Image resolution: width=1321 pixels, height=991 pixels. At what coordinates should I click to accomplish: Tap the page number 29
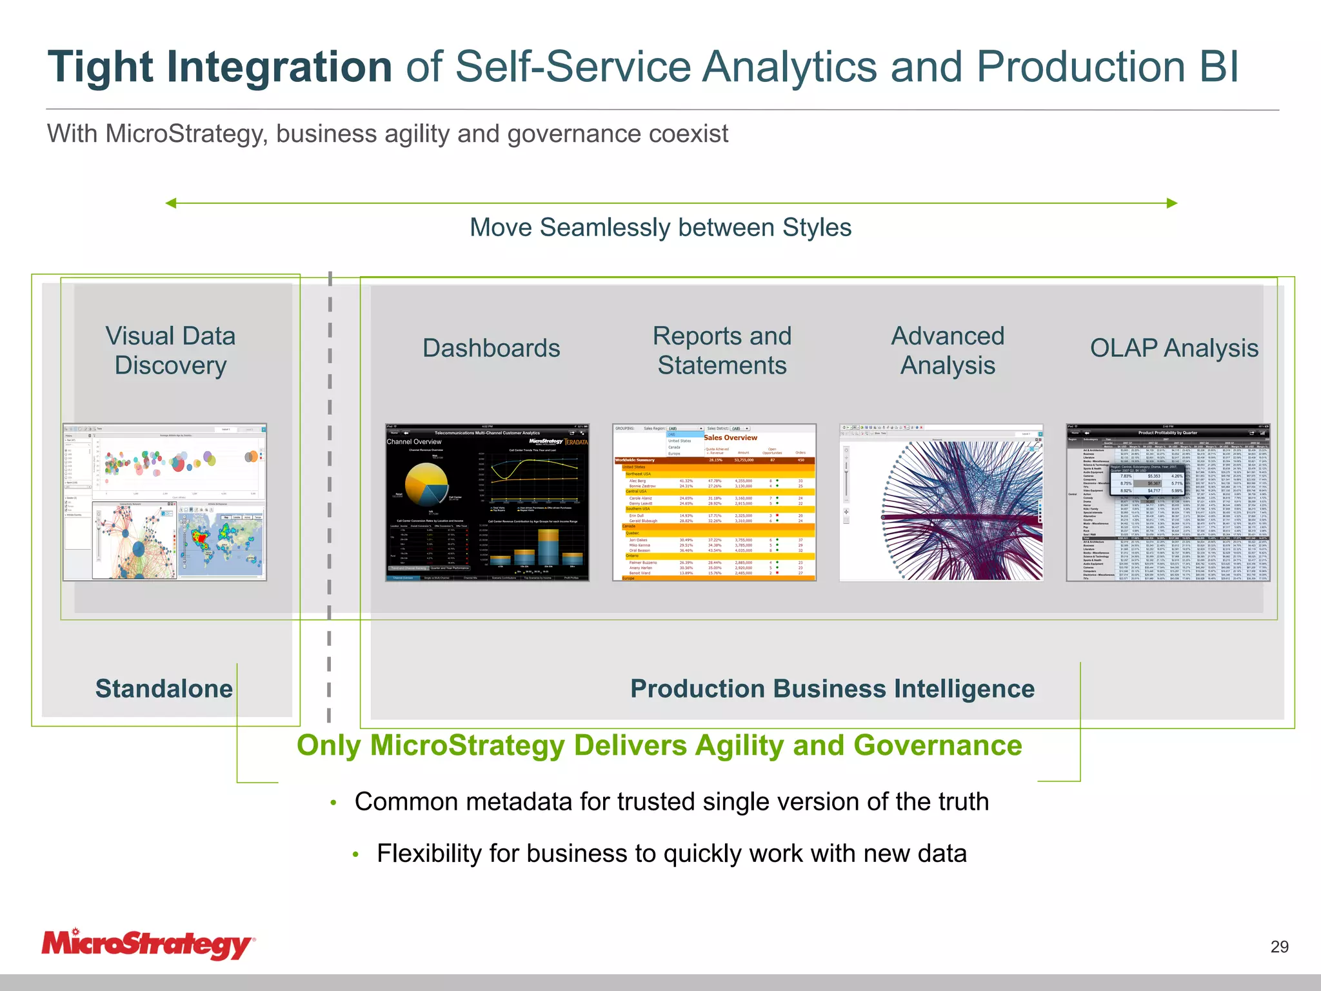[x=1279, y=946]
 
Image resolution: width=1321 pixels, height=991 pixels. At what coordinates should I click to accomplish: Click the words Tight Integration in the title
[x=220, y=67]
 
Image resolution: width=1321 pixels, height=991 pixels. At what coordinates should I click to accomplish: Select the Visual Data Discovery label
[x=170, y=350]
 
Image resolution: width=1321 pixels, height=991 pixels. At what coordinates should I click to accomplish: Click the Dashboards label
[x=491, y=348]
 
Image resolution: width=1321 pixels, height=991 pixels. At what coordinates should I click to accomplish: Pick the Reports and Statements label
[x=722, y=350]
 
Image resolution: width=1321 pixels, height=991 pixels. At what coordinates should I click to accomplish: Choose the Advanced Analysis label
[x=948, y=350]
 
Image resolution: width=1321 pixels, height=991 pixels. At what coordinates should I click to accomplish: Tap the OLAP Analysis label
[x=1174, y=348]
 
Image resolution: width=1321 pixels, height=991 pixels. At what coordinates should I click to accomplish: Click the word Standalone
[x=164, y=688]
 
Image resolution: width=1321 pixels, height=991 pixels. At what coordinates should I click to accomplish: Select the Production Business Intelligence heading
[x=832, y=688]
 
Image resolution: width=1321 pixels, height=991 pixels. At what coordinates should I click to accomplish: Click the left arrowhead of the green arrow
[x=171, y=203]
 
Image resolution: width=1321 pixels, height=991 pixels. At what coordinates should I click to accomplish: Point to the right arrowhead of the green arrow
[x=1172, y=203]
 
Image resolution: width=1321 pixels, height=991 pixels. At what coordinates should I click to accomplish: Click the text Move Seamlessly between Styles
[x=660, y=228]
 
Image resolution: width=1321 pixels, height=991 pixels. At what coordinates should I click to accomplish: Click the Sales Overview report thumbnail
[x=714, y=502]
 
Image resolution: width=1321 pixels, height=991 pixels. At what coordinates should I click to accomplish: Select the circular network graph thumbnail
[x=941, y=502]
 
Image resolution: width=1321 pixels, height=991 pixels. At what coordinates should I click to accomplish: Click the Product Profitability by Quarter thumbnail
[x=1168, y=502]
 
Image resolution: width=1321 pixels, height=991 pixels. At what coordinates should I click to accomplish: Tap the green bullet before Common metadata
[x=333, y=803]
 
